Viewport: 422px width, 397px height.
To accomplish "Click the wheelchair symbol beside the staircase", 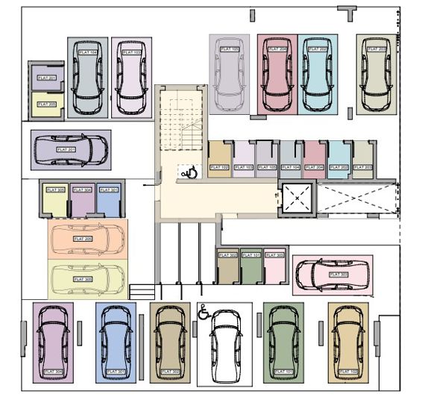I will click(x=189, y=172).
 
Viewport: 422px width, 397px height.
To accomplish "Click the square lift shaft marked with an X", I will click(x=297, y=199).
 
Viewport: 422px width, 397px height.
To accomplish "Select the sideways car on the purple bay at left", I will click(x=71, y=149).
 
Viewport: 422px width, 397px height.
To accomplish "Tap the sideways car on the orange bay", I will click(x=88, y=239).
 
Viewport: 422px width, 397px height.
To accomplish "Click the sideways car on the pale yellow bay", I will click(x=88, y=279).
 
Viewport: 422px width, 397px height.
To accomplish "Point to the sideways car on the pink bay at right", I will click(x=332, y=275).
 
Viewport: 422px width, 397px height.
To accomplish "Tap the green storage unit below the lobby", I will click(x=251, y=267).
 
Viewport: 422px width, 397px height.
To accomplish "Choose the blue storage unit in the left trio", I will click(x=108, y=200).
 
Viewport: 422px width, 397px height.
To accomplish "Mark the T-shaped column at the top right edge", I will click(x=347, y=13).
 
